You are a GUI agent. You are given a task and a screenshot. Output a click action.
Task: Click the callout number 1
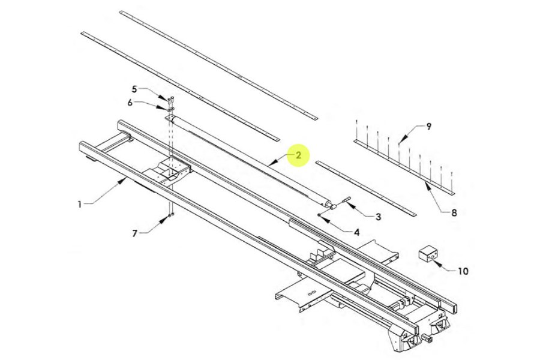click(x=80, y=204)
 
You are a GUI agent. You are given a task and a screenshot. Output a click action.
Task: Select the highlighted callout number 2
click(x=298, y=155)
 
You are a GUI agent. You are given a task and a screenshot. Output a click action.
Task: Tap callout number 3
click(x=378, y=217)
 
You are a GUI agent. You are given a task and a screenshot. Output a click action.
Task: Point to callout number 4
click(x=356, y=232)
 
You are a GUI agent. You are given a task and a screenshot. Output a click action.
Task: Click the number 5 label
click(x=135, y=89)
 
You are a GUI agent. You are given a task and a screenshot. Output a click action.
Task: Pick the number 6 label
click(x=130, y=103)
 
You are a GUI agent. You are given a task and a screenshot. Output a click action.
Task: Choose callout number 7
click(x=135, y=233)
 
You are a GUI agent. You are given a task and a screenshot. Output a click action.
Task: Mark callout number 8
click(x=454, y=212)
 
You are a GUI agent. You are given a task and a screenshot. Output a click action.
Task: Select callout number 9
click(x=428, y=127)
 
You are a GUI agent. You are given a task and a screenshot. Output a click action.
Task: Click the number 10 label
click(x=463, y=271)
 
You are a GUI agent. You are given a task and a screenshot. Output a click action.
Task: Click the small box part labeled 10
click(x=428, y=253)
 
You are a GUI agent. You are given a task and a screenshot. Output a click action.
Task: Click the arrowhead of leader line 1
click(x=125, y=179)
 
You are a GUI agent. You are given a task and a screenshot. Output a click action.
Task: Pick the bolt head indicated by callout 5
click(x=170, y=98)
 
